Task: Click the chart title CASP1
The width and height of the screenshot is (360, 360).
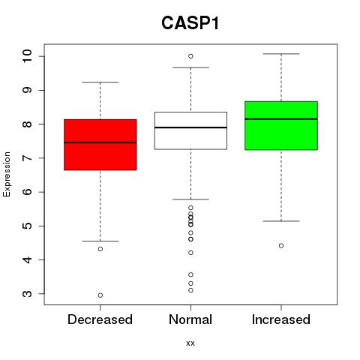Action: [190, 23]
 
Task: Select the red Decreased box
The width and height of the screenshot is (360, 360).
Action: [100, 145]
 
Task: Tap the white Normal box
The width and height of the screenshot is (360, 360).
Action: [190, 130]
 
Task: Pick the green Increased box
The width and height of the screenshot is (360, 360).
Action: [281, 126]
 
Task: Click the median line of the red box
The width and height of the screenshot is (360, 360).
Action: [100, 142]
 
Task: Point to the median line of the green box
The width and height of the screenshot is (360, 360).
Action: [281, 119]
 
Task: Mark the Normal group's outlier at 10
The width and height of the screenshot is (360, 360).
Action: [190, 56]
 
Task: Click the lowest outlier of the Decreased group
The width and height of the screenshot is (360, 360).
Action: [100, 295]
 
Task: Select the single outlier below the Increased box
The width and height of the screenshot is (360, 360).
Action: [281, 246]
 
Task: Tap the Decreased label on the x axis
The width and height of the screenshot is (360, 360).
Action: [100, 319]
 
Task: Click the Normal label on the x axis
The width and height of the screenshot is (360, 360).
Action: [190, 319]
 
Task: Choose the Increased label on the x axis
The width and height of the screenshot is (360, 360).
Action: [281, 319]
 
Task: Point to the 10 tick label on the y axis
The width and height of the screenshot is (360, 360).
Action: [27, 56]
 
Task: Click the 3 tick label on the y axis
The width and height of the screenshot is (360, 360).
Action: [27, 294]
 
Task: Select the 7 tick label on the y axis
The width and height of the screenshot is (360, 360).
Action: [27, 158]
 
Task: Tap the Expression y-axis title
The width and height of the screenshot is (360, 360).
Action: [7, 174]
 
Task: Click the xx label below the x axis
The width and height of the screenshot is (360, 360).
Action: [190, 343]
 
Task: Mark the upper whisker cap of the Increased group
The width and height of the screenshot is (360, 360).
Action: [281, 54]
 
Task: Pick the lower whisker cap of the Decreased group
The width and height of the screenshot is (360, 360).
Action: [100, 241]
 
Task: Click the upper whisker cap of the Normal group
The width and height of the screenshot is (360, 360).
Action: [190, 67]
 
